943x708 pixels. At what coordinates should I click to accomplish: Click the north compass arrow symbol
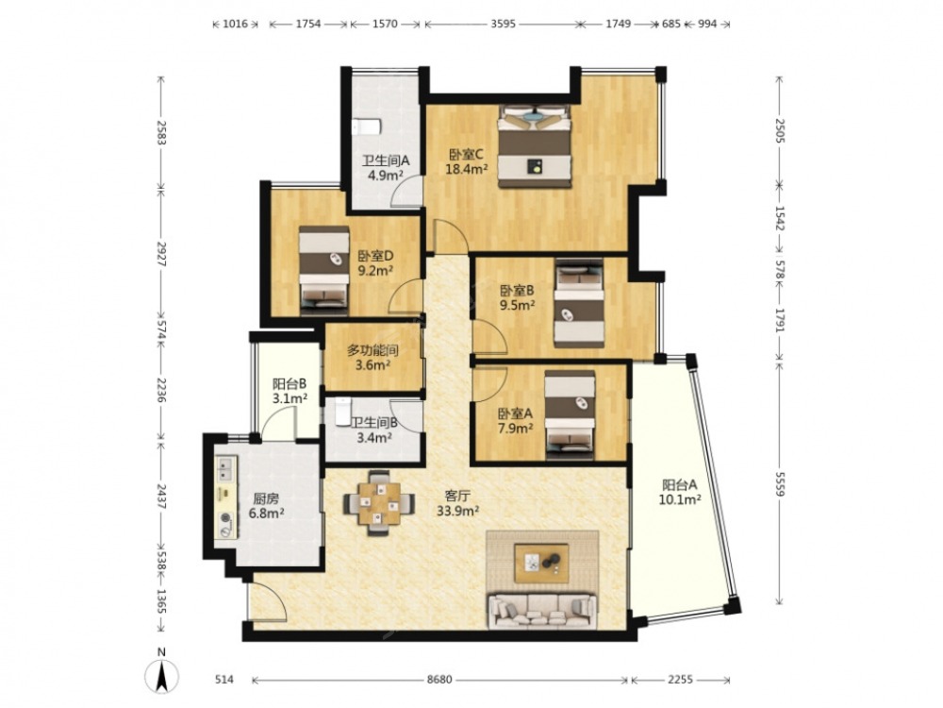coord(162,674)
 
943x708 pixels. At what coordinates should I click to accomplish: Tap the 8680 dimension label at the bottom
coord(439,680)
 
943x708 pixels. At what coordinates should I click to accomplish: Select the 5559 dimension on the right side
coord(780,482)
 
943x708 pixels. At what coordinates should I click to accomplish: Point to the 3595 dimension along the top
coord(503,25)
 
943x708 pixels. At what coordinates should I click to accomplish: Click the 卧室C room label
coord(466,154)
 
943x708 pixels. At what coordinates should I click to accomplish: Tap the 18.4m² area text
coord(466,170)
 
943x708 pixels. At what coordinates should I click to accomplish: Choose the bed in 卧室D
coord(324,270)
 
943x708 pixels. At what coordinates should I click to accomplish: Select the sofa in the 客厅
coord(542,611)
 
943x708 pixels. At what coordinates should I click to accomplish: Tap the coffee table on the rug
coord(541,563)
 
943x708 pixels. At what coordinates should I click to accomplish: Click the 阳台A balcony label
coord(680,484)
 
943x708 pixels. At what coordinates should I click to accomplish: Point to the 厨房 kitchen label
coord(266,498)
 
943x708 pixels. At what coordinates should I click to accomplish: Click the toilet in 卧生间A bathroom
coord(366,127)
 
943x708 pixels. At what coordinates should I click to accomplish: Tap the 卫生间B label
coord(373,423)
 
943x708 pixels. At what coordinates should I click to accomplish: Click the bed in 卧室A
coord(570,414)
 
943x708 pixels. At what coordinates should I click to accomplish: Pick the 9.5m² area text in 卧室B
coord(518,305)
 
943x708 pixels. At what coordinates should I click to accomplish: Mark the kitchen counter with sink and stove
coord(226,497)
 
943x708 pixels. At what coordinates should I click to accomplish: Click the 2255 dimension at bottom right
coord(680,680)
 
